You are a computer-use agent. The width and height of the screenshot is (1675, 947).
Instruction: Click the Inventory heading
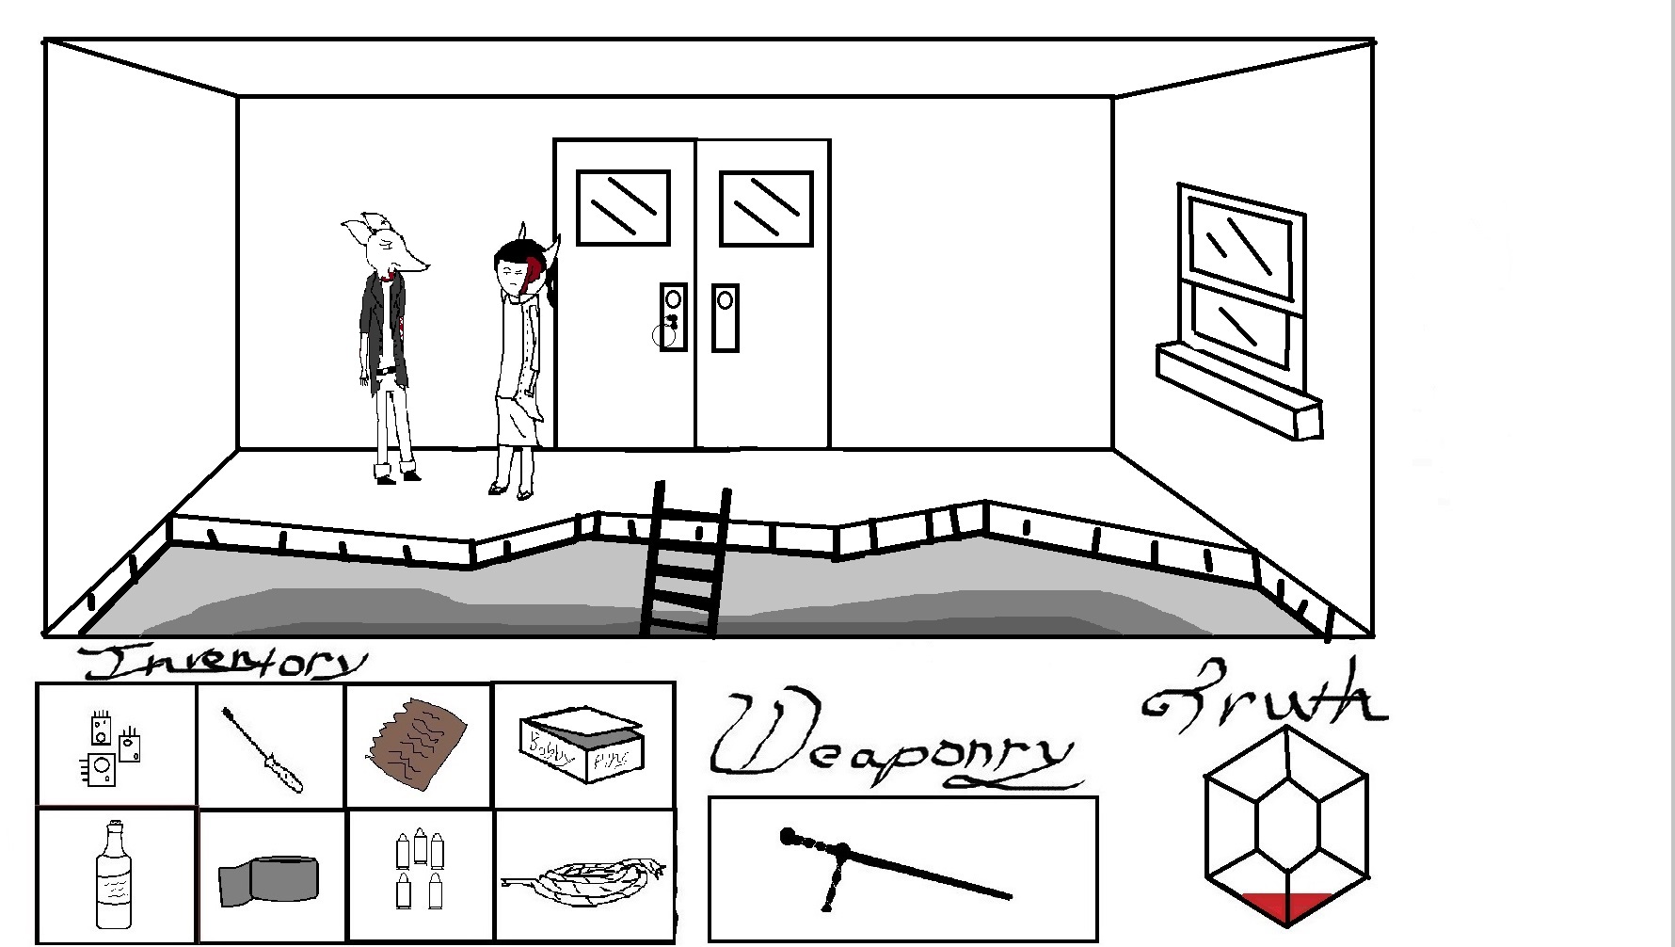pos(221,663)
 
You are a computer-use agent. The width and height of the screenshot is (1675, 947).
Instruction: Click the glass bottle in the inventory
pos(114,876)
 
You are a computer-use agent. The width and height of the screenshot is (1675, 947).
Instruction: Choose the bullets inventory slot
pos(420,871)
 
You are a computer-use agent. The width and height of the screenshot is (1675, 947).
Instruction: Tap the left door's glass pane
pos(623,207)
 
